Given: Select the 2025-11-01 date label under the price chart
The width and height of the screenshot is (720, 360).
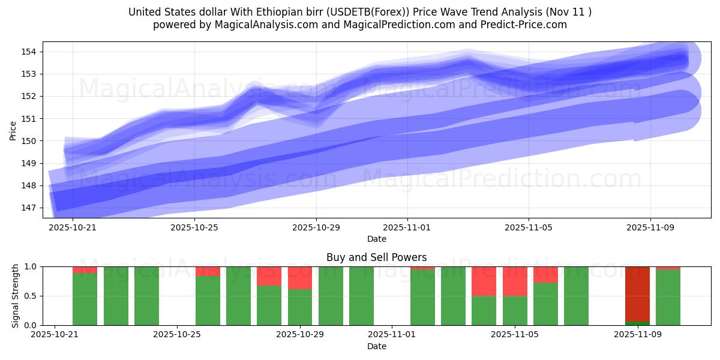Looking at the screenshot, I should (x=407, y=227).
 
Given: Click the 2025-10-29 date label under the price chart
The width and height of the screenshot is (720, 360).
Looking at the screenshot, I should (x=316, y=227).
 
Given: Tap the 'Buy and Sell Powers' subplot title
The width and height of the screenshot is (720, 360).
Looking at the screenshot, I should (x=376, y=257).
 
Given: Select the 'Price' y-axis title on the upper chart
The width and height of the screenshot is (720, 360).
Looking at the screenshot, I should (x=13, y=130).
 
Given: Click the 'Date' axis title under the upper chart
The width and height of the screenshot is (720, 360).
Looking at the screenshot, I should (x=376, y=239).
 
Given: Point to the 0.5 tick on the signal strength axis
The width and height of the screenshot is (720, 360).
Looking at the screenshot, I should (x=30, y=296).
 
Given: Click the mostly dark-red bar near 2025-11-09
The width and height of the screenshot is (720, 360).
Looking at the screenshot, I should (x=637, y=294).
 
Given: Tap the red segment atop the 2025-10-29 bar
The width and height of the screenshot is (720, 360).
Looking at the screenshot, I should (x=300, y=278).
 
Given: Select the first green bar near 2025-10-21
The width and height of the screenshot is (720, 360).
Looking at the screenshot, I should (x=85, y=300).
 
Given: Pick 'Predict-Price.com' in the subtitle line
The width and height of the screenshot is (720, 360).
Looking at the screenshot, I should (x=521, y=25).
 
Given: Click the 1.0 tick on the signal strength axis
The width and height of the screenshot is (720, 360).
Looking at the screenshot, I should (x=30, y=266).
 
